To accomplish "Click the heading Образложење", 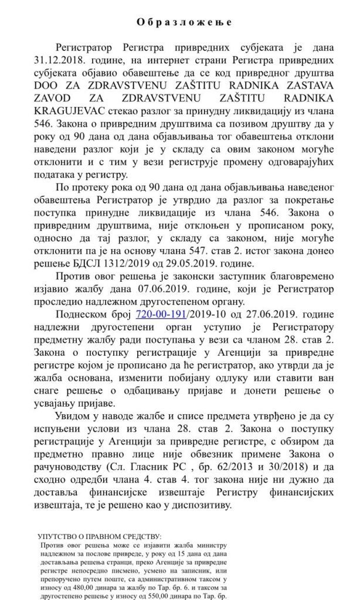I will tap(179, 22).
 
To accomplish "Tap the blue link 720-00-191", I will tap(159, 314).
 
